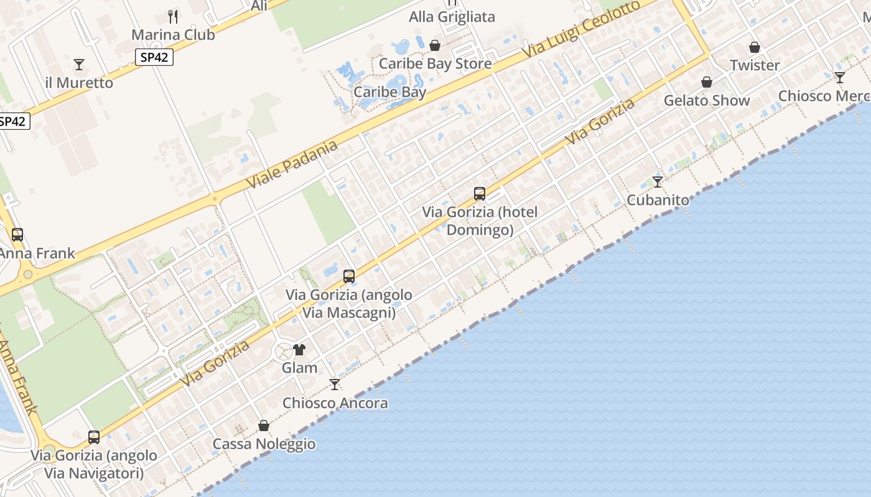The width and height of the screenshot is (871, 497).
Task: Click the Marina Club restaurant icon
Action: (x=173, y=16)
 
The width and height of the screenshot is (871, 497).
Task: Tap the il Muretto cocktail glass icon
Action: (x=79, y=64)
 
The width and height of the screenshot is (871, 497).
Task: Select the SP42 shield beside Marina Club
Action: (x=154, y=57)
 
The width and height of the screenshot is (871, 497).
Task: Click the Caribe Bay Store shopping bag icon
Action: (x=435, y=45)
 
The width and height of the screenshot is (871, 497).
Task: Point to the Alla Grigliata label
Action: (x=452, y=17)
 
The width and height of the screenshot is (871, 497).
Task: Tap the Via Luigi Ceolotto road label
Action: (x=582, y=29)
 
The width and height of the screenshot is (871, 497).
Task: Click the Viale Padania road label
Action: (x=292, y=165)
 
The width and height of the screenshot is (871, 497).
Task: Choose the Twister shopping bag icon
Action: (x=755, y=47)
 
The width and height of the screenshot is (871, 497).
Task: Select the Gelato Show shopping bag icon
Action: (x=707, y=82)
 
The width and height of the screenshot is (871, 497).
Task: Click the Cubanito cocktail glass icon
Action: (x=658, y=182)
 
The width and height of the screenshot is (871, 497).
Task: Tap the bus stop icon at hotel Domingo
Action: (x=480, y=193)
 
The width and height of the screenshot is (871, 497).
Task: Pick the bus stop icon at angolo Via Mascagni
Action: (x=349, y=276)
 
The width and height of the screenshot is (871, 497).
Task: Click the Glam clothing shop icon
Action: (x=299, y=350)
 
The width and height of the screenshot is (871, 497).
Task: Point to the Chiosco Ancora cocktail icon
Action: (x=335, y=385)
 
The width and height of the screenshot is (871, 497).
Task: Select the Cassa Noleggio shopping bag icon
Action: (x=264, y=426)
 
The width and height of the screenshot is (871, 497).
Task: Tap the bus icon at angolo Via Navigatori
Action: (x=94, y=437)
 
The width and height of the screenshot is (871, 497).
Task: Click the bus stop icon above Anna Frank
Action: (x=17, y=235)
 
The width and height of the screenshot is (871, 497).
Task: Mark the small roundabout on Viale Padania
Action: (x=215, y=199)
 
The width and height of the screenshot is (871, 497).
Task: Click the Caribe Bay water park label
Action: (x=390, y=92)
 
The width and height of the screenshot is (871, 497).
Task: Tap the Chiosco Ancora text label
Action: (x=335, y=403)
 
